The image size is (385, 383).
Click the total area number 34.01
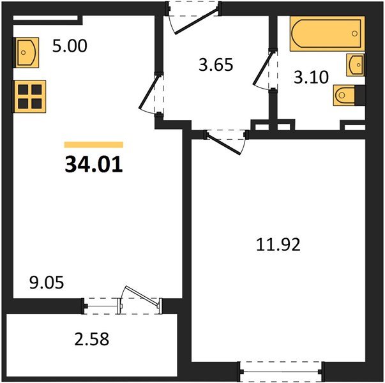tap(94, 164)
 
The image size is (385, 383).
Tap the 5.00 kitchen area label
tap(70, 47)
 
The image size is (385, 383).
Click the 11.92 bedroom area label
tap(277, 244)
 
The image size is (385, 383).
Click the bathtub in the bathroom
tap(327, 34)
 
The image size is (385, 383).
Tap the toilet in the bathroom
tap(345, 95)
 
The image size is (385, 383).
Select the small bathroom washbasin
tap(355, 64)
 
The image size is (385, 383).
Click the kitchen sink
tap(26, 52)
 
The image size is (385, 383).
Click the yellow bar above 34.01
tap(94, 145)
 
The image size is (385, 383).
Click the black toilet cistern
tap(361, 94)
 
